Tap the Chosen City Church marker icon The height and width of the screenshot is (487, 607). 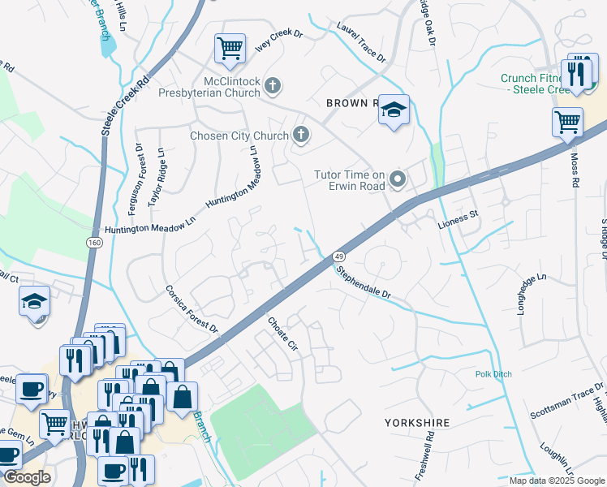coord(301,135)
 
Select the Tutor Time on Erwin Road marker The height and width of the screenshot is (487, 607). coord(398,179)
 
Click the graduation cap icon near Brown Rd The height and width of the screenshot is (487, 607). coord(393,110)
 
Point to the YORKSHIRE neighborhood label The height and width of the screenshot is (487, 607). coord(416,423)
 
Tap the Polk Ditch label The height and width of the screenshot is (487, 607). coord(493,374)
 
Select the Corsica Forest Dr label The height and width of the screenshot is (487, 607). coord(192,308)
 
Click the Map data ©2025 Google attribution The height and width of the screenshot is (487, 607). coord(556,481)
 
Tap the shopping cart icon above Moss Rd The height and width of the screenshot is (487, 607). coord(567,123)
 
